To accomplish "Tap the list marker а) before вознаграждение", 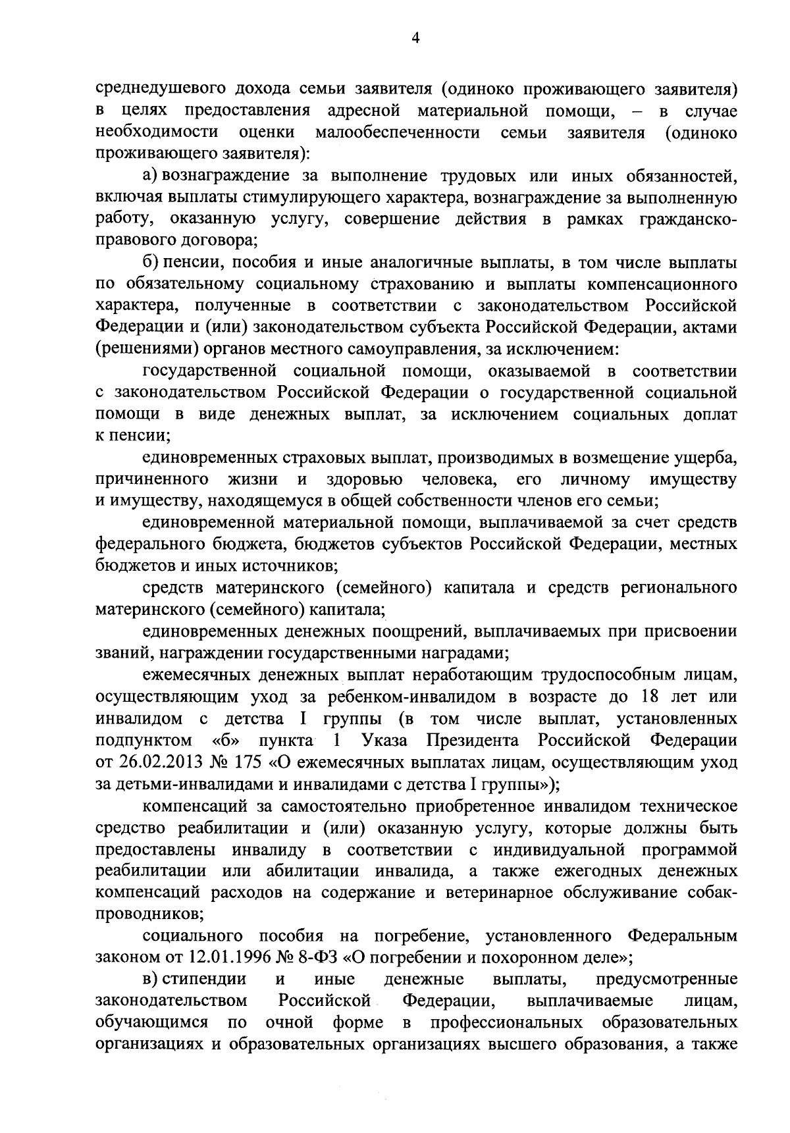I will [149, 176].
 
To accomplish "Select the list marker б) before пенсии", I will [150, 263].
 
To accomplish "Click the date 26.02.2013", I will [147, 762].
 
